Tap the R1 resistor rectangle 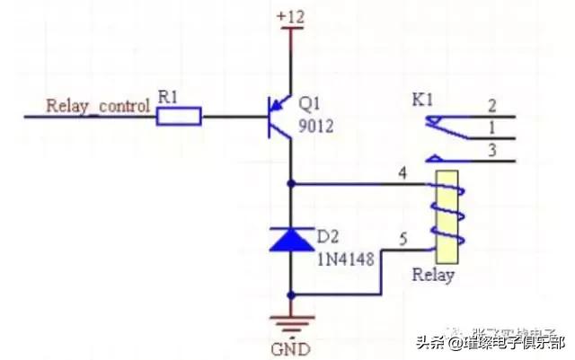click(179, 115)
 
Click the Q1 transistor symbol click(281, 116)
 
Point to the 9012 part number click(316, 127)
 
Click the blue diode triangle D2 click(290, 239)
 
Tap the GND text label click(290, 347)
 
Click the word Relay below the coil click(434, 275)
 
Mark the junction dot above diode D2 click(290, 183)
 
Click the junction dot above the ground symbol click(290, 294)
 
